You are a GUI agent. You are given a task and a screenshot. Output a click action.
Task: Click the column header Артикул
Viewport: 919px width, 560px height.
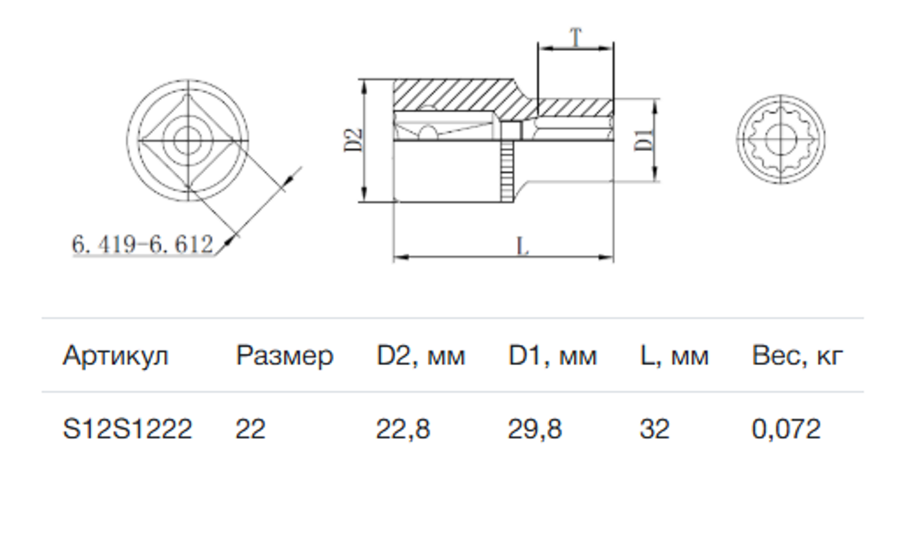(x=115, y=356)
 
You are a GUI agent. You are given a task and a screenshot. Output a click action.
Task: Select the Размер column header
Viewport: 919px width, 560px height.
(x=284, y=356)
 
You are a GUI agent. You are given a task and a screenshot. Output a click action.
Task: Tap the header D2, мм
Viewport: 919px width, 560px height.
(x=420, y=356)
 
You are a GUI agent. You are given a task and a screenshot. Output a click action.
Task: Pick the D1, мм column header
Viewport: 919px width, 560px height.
(x=553, y=356)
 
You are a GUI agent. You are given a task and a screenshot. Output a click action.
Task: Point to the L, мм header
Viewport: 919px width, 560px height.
(x=673, y=356)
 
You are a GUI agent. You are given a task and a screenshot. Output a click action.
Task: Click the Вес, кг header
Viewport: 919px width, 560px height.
(x=797, y=356)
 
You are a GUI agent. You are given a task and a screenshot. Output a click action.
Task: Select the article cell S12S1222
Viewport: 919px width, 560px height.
(x=127, y=429)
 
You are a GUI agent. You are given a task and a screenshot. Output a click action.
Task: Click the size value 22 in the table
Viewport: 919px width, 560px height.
(x=250, y=429)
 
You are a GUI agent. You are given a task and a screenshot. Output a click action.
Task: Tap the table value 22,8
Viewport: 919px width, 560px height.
(x=403, y=429)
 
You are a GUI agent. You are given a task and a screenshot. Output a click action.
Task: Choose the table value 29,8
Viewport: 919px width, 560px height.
(x=535, y=429)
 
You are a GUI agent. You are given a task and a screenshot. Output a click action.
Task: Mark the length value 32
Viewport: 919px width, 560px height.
(x=654, y=429)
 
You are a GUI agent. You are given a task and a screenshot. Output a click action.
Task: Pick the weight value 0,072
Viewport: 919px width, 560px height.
(x=786, y=429)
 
